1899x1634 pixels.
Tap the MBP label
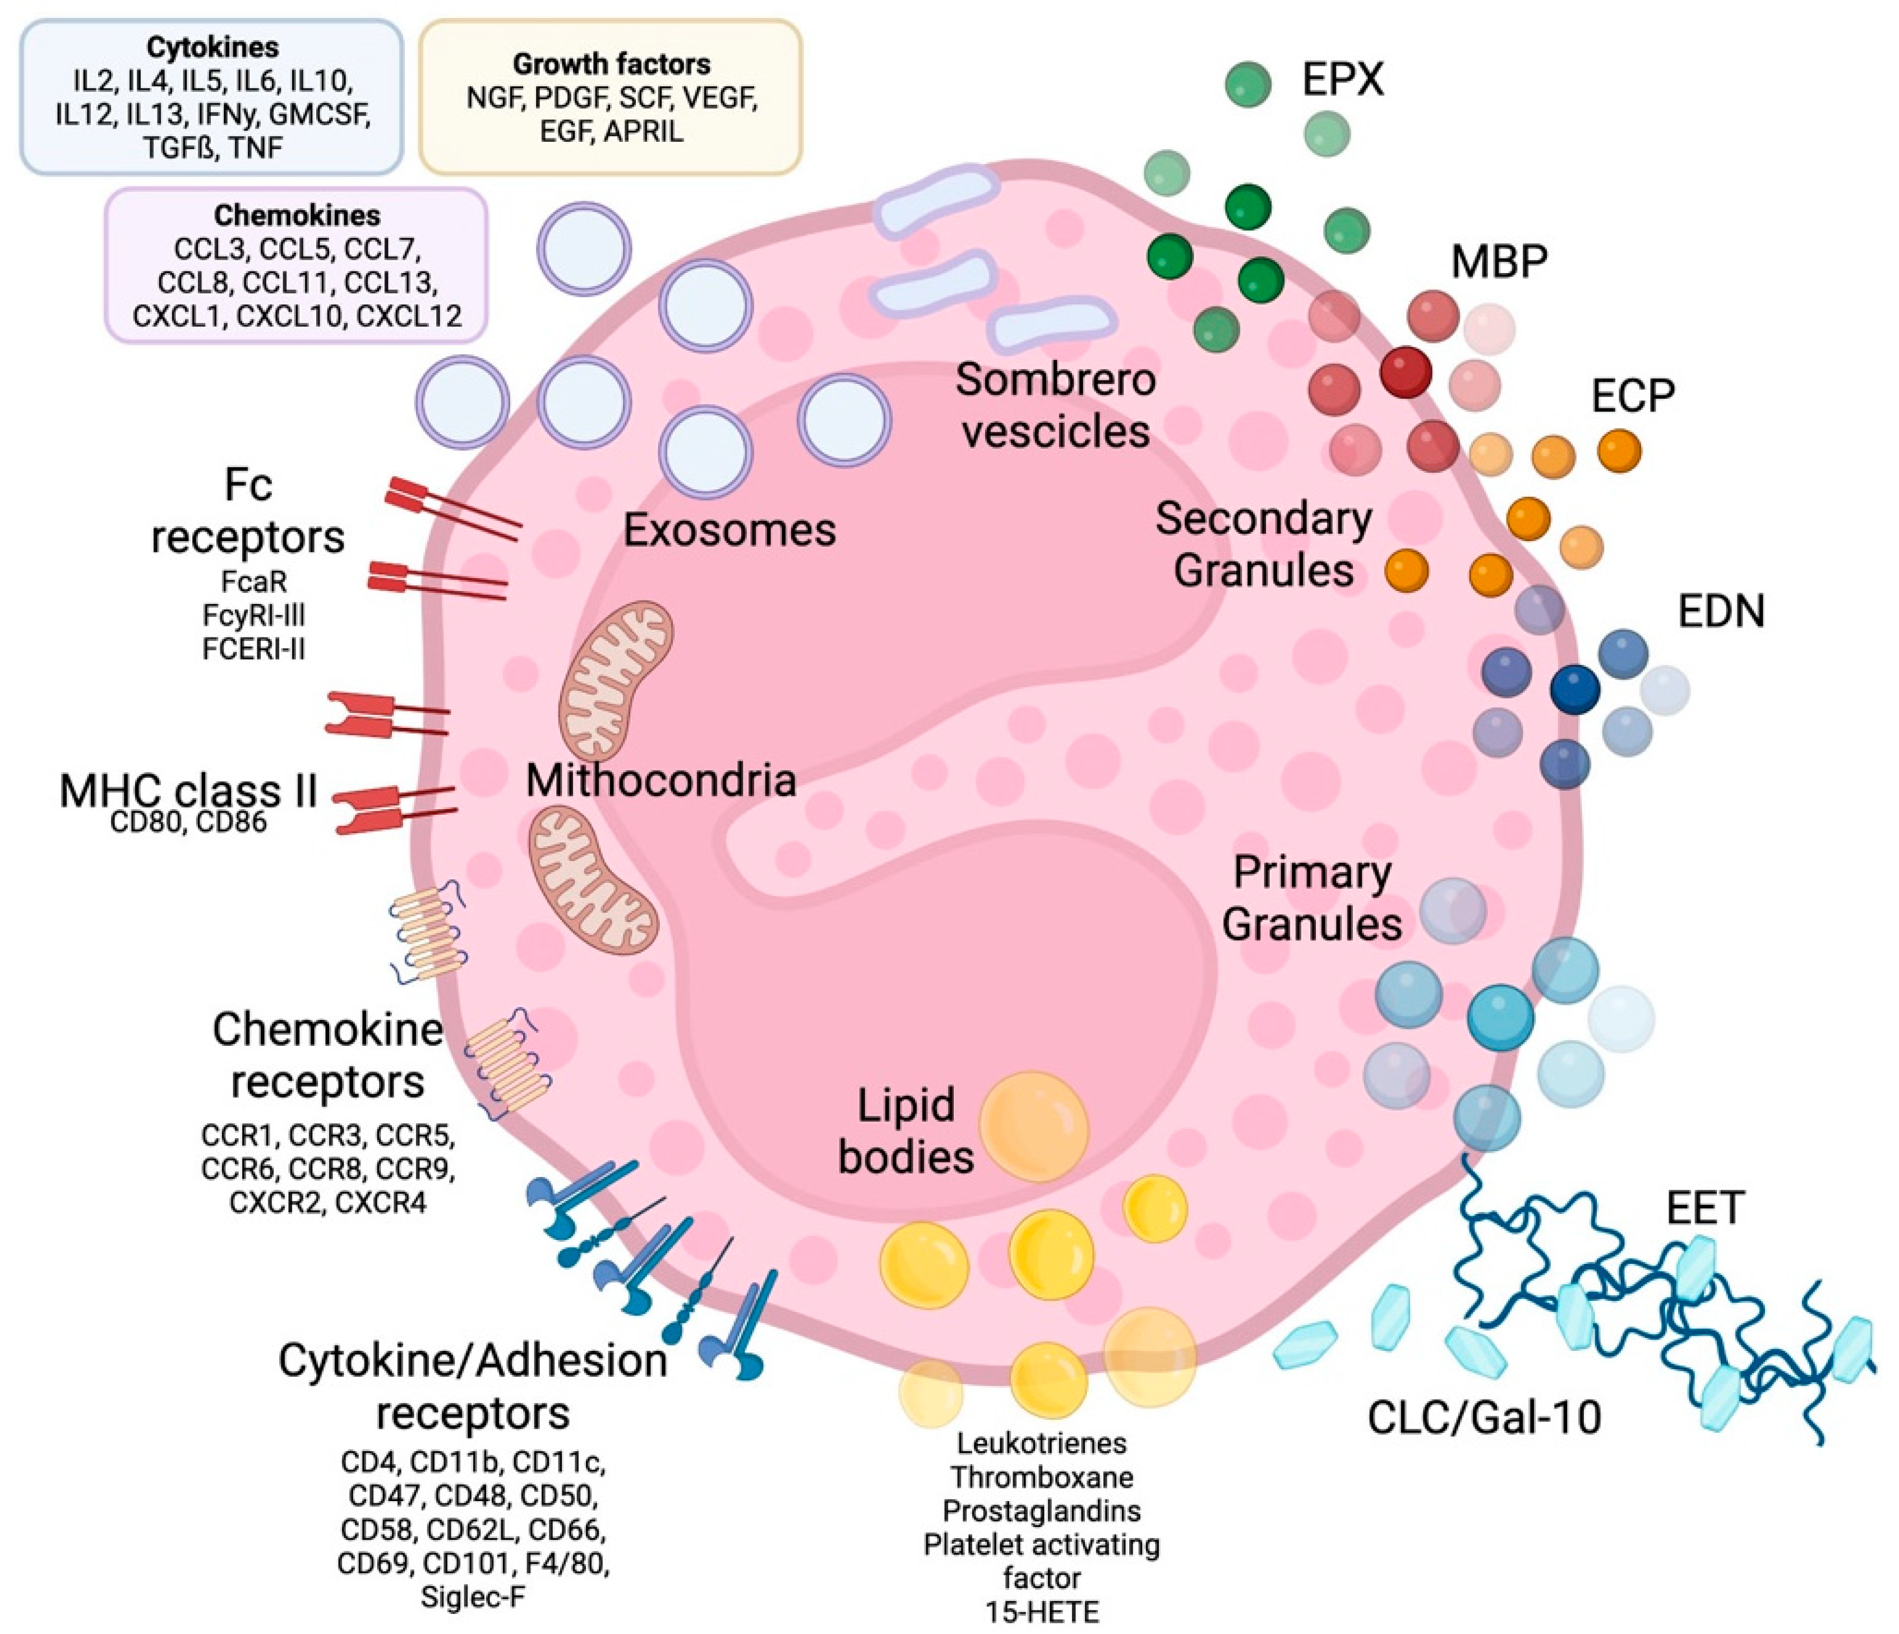pos(1499,262)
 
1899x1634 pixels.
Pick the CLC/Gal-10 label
pos(1484,1418)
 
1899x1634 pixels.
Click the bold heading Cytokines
pos(212,47)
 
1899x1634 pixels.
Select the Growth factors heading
pos(611,64)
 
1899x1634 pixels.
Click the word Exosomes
pos(729,530)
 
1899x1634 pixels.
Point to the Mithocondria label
pos(660,781)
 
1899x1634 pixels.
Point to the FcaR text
pos(254,581)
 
